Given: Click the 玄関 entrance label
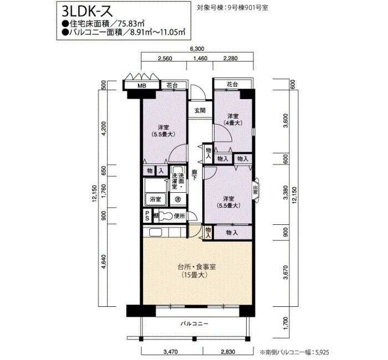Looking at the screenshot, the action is click(200, 110).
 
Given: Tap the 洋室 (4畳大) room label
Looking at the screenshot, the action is click(233, 120).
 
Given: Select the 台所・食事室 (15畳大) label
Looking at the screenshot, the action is click(197, 271).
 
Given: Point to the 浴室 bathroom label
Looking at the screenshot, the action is click(155, 199).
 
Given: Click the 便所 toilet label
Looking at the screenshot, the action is click(180, 216).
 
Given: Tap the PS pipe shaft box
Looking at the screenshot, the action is click(147, 216).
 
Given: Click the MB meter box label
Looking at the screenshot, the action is click(142, 85).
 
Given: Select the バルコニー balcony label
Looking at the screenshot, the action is click(194, 323).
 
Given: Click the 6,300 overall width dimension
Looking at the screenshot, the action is click(197, 49).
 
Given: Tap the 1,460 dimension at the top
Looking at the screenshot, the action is click(200, 58).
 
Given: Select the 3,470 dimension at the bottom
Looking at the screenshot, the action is click(171, 352).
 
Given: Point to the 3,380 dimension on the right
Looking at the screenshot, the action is click(285, 193).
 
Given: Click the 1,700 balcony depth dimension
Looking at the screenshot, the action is click(285, 323).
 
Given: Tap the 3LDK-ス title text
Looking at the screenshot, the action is click(88, 11).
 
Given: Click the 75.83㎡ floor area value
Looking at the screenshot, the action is click(131, 24).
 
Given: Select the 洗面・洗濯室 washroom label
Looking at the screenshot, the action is click(178, 181).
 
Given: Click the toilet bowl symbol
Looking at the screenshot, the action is click(165, 217).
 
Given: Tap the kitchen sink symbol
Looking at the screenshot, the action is click(155, 233).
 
